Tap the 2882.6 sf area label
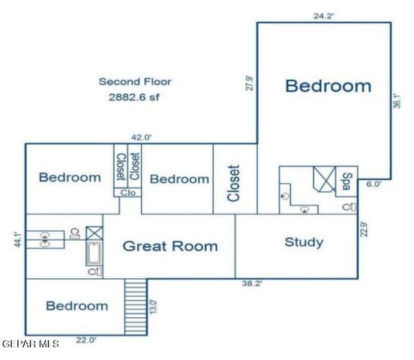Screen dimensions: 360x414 click(133, 97)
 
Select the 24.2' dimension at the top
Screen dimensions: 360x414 click(323, 14)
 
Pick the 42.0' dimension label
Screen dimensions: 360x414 click(141, 137)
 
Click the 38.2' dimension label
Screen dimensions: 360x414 click(250, 283)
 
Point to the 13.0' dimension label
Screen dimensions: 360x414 click(153, 306)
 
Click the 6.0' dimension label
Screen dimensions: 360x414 click(374, 183)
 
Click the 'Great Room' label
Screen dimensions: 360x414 click(170, 246)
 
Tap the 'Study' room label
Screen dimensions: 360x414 click(304, 242)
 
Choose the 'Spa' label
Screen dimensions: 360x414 click(346, 181)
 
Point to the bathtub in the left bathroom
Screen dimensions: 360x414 click(94, 255)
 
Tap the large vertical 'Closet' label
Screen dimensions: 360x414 click(233, 183)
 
